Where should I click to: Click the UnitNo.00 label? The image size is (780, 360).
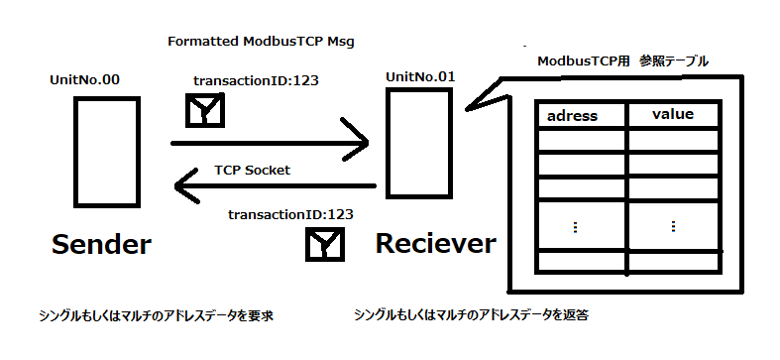coord(84,79)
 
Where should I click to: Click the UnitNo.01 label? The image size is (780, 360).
coord(420,76)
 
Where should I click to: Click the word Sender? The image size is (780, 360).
coord(100,244)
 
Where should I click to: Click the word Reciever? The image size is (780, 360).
coord(435,243)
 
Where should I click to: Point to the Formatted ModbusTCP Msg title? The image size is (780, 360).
coord(262,43)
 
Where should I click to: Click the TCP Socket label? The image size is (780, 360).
coord(252,170)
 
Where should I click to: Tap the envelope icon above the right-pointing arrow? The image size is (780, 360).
coord(206,111)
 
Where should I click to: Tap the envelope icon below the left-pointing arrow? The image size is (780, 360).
coord(323,244)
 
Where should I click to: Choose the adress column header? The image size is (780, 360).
coord(572,115)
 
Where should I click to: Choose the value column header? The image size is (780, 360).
coord(672,114)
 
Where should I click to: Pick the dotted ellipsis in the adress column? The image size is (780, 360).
coord(575,226)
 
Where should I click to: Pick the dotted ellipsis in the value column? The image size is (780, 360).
coord(673,226)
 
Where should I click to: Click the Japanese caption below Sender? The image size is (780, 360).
coord(155,316)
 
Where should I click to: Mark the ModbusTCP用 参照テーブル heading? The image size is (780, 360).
coord(622,61)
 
